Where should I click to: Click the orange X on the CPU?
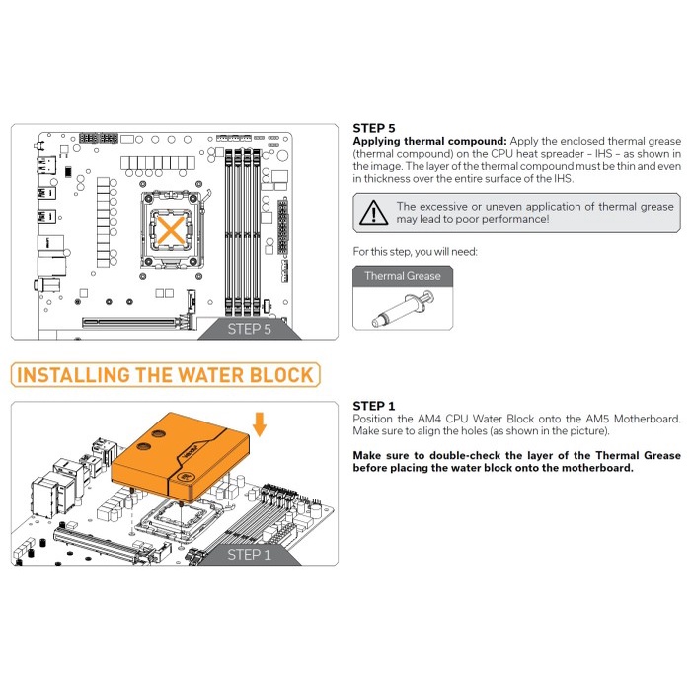pyautogui.click(x=171, y=230)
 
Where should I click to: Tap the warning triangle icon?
pyautogui.click(x=374, y=213)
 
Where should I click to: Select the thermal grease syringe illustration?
pyautogui.click(x=403, y=308)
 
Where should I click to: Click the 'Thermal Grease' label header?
pyautogui.click(x=403, y=276)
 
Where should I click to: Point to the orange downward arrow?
pyautogui.click(x=260, y=424)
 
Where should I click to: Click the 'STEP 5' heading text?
pyautogui.click(x=374, y=128)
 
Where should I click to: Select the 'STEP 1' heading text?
pyautogui.click(x=374, y=406)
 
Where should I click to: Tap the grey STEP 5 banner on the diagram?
pyautogui.click(x=250, y=329)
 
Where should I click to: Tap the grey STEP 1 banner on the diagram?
pyautogui.click(x=250, y=555)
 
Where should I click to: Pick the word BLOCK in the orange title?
pyautogui.click(x=281, y=375)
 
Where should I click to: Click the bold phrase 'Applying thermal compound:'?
pyautogui.click(x=429, y=142)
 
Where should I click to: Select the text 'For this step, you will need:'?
pyautogui.click(x=415, y=252)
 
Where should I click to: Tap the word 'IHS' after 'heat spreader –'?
pyautogui.click(x=603, y=154)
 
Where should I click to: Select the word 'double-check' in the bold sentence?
pyautogui.click(x=465, y=456)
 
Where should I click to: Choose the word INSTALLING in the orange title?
pyautogui.click(x=74, y=375)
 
